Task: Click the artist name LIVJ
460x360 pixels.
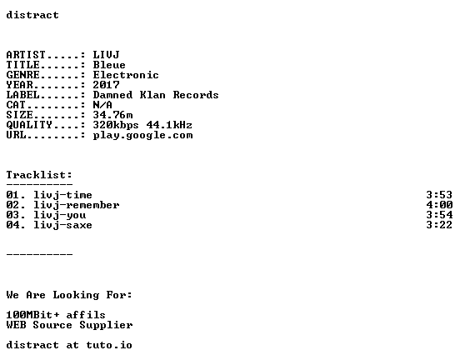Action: click(106, 55)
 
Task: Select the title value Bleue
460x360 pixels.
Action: click(109, 65)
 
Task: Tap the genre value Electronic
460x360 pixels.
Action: click(126, 75)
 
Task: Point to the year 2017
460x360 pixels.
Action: click(106, 85)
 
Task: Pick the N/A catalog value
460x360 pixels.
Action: click(102, 105)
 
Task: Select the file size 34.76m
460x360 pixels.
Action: click(113, 115)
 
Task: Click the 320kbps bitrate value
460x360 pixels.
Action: click(116, 125)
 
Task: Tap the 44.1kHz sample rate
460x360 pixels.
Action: click(169, 125)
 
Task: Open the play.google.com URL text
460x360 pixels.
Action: click(142, 135)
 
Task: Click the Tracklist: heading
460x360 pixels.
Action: click(39, 175)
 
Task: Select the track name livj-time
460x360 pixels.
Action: click(62, 195)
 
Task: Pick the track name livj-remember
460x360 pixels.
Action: click(77, 205)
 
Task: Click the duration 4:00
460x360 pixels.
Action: click(439, 205)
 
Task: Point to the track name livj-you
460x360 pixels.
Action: click(59, 215)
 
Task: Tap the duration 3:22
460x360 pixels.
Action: click(439, 225)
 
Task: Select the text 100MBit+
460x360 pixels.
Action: click(32, 314)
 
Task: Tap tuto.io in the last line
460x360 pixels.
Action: click(109, 345)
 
